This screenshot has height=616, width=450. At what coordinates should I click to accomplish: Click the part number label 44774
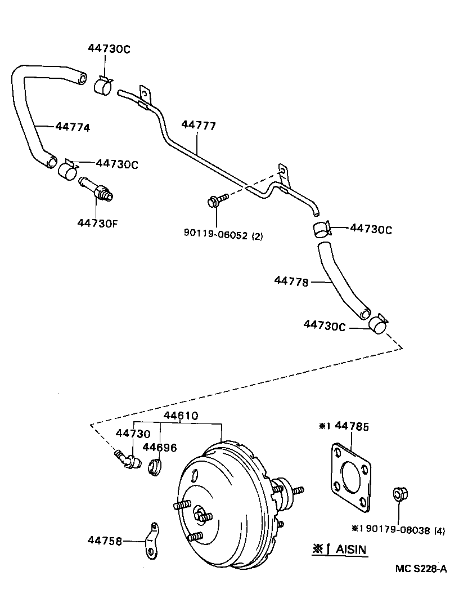click(x=73, y=127)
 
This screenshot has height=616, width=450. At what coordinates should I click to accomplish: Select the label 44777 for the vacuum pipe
click(x=199, y=125)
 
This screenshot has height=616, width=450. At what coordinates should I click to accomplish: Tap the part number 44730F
click(x=97, y=222)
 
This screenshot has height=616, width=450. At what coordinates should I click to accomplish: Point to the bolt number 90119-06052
click(x=215, y=235)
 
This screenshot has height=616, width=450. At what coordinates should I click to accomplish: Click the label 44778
click(x=291, y=282)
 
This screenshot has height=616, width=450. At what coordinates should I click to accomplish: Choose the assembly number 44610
click(x=181, y=416)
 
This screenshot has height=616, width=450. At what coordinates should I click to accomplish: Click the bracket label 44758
click(x=104, y=540)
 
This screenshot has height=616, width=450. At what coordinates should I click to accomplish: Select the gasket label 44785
click(x=352, y=427)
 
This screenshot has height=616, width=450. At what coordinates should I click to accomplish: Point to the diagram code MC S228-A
click(x=420, y=569)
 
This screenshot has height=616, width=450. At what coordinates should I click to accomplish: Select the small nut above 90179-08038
click(x=399, y=496)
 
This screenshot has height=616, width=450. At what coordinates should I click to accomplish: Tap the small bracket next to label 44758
click(x=151, y=541)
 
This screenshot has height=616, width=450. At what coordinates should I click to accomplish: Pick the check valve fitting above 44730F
click(x=96, y=189)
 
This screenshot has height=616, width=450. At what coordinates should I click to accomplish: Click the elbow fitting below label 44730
click(x=127, y=459)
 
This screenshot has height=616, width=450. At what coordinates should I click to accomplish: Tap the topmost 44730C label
click(x=109, y=49)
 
